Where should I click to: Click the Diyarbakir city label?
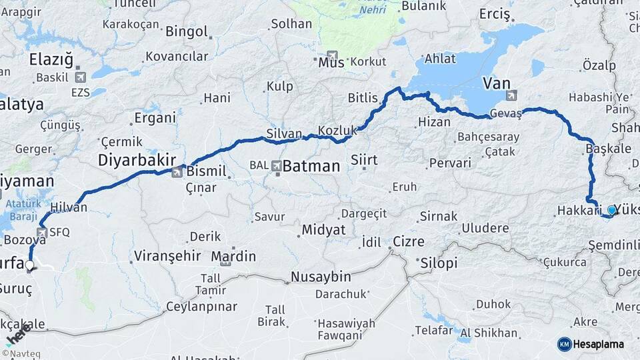[x=137, y=160]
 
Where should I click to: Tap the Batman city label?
[x=311, y=166]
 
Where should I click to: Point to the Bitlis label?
[x=363, y=98]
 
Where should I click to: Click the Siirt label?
[x=364, y=160]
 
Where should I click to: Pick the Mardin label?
[x=233, y=256]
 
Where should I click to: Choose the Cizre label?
[x=409, y=241]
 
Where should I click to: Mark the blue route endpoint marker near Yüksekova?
[x=612, y=210]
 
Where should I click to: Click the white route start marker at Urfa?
[x=29, y=265]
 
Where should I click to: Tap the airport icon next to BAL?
[x=276, y=165]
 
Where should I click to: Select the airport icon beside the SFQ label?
[x=43, y=232]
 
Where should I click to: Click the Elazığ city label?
[x=51, y=59]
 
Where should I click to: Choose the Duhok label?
[x=493, y=305]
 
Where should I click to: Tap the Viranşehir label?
[x=167, y=255]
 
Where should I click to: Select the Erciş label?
[x=494, y=15]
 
